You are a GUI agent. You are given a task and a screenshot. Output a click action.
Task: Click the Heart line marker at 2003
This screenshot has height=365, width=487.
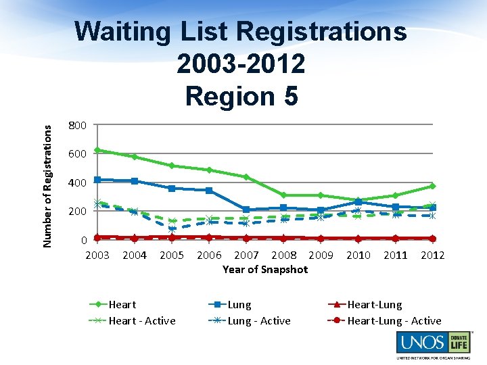coord(97,150)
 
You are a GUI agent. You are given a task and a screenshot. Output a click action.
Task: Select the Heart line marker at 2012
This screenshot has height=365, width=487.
coord(432,186)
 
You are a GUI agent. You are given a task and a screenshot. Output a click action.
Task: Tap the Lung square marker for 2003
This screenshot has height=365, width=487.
coord(97,180)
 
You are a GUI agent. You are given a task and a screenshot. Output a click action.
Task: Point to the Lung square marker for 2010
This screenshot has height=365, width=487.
coord(358,201)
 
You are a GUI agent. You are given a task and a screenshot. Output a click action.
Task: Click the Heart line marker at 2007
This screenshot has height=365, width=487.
coord(246,177)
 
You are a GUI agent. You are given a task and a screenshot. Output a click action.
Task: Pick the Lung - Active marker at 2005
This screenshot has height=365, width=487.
coord(172,229)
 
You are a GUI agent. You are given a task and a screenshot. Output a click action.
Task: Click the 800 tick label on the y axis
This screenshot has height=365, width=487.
coord(77,126)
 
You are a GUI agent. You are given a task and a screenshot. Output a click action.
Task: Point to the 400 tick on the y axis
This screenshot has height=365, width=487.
coord(77,183)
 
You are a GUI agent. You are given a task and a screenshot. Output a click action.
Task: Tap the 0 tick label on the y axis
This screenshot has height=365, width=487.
coord(83,240)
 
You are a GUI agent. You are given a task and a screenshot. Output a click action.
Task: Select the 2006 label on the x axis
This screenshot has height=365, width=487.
coord(209,255)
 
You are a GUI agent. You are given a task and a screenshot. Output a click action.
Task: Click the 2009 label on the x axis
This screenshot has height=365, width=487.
coord(321,255)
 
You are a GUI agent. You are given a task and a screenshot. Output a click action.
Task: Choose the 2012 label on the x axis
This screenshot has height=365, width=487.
coord(432,255)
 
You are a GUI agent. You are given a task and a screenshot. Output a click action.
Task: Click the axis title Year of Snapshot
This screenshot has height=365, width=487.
coord(265,269)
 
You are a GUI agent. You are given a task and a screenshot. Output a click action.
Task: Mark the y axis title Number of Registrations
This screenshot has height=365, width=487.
coord(47,178)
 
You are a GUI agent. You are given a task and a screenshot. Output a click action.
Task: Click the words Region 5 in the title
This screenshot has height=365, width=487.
coord(241,96)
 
